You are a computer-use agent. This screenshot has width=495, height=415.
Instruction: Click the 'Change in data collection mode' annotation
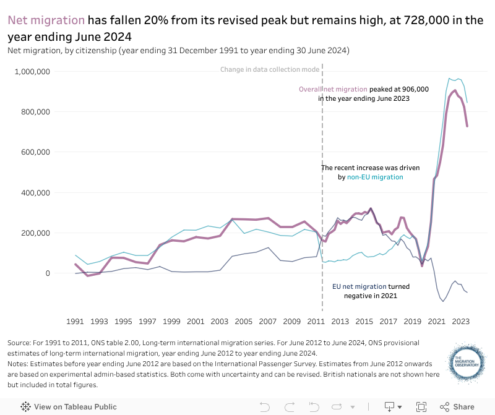tap(270, 69)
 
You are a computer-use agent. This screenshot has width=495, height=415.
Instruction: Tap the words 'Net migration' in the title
tap(46, 20)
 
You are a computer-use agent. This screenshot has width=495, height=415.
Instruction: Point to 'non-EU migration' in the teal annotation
tap(374, 178)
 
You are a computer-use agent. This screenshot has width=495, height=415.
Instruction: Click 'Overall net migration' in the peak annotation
tap(332, 90)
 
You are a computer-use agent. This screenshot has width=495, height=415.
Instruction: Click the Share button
tap(457, 406)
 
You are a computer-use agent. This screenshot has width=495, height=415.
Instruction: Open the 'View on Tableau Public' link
tap(69, 406)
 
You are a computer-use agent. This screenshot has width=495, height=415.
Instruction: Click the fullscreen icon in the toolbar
tap(421, 406)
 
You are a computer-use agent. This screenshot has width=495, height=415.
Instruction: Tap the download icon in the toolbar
tap(390, 406)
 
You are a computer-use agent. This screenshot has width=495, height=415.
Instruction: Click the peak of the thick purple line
tap(455, 91)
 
